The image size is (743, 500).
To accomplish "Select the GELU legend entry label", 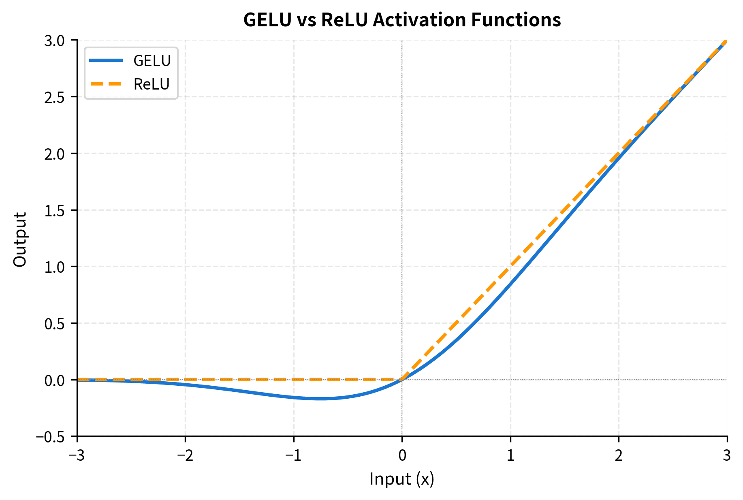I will tap(152, 61).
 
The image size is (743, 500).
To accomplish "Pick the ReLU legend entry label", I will tap(151, 84).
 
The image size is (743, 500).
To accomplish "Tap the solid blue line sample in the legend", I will tap(106, 61).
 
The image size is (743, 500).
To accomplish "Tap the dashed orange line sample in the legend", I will tap(106, 84).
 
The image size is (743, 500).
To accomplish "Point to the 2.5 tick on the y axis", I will tap(57, 97).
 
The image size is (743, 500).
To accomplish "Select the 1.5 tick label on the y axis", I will tap(57, 210).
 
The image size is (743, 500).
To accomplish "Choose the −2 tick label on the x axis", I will tap(185, 456).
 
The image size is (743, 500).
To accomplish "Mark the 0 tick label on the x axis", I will tap(402, 456).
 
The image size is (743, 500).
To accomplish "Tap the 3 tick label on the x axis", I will tap(727, 456).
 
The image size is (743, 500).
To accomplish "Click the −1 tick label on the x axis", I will tap(293, 456).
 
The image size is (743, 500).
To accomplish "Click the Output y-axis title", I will tap(20, 239).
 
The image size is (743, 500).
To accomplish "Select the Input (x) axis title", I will tap(401, 479).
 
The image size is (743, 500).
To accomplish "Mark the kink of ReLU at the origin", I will tap(402, 380).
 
